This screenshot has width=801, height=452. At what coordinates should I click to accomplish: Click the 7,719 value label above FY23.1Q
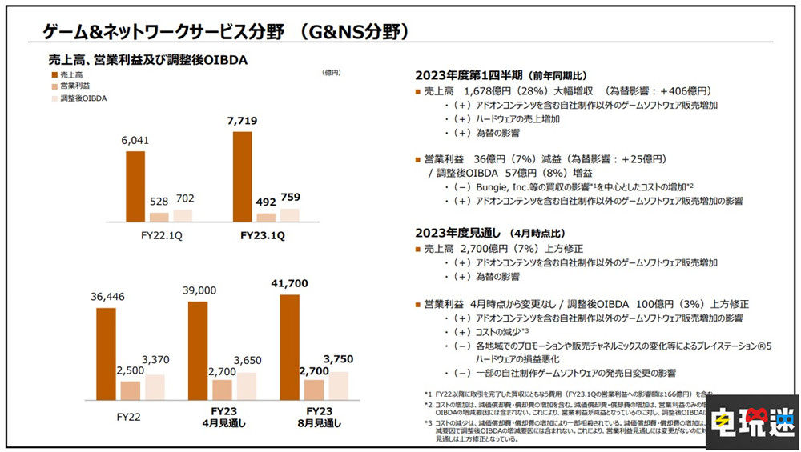pyautogui.click(x=243, y=119)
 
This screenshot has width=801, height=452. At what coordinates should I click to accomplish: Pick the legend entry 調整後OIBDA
pyautogui.click(x=83, y=98)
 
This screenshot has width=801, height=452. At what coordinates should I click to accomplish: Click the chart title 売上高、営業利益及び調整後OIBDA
pyautogui.click(x=147, y=59)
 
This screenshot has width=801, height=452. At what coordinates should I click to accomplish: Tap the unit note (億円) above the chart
pyautogui.click(x=332, y=73)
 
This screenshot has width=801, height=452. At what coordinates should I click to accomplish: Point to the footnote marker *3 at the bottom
pyautogui.click(x=429, y=422)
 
